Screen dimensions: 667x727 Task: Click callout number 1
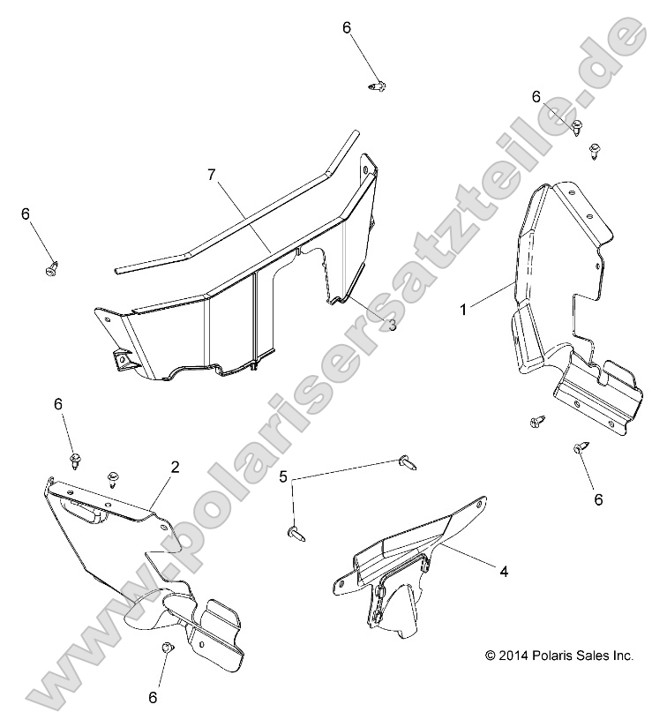click(463, 309)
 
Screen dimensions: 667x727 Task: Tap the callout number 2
click(175, 467)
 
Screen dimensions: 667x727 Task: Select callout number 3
click(393, 326)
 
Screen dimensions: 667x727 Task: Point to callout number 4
click(504, 571)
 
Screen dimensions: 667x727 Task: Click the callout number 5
click(283, 476)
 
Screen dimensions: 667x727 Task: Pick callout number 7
click(212, 176)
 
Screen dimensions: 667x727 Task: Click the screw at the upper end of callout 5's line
click(408, 462)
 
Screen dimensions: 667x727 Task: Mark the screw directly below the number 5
click(297, 536)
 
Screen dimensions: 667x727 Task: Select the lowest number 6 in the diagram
click(153, 697)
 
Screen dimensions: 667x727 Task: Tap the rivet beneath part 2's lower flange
click(167, 647)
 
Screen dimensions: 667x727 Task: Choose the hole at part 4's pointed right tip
click(480, 502)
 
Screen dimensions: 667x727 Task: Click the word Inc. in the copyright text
click(623, 656)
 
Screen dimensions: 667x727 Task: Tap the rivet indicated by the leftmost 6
click(52, 268)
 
